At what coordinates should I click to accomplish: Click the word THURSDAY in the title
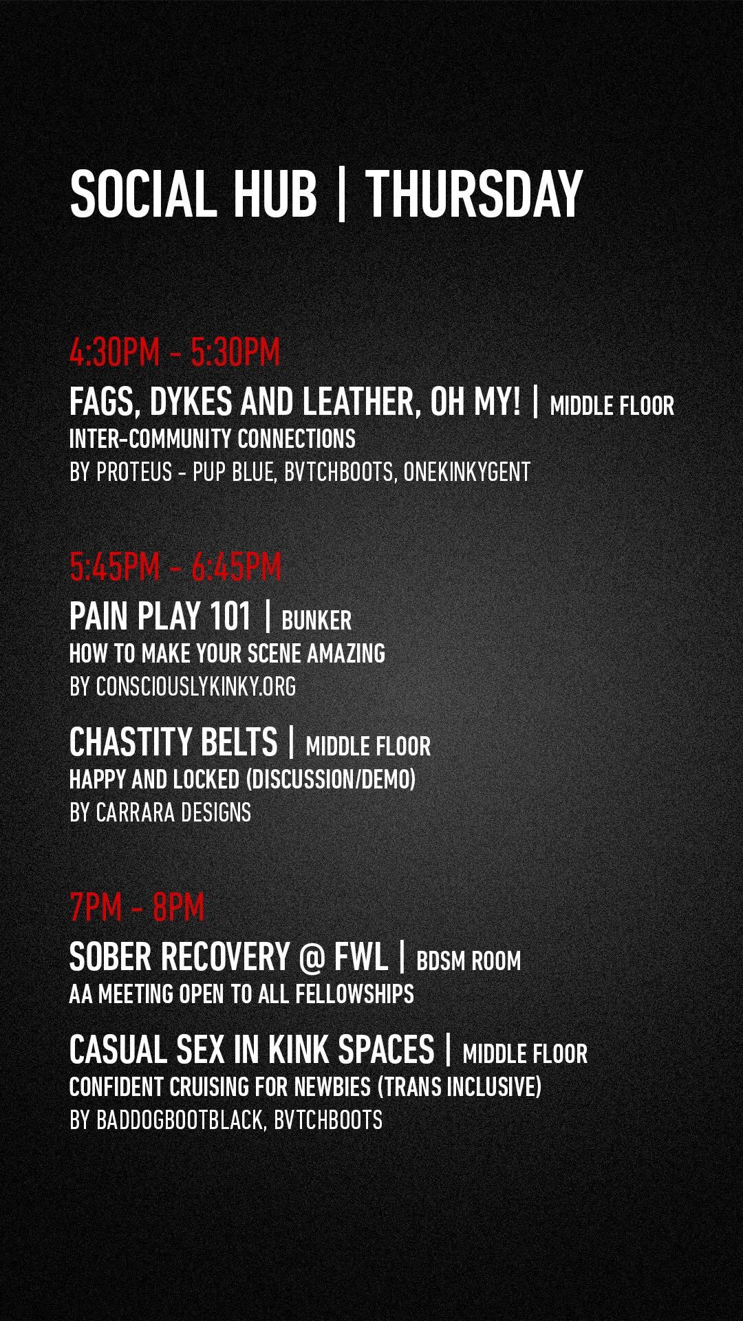click(474, 195)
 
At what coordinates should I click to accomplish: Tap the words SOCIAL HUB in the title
click(193, 195)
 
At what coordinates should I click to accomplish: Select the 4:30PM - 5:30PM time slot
click(175, 353)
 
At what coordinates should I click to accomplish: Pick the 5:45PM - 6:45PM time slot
click(175, 567)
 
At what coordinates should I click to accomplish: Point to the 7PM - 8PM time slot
click(137, 907)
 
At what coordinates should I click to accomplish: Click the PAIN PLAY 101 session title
click(160, 616)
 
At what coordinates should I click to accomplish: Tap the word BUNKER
click(316, 621)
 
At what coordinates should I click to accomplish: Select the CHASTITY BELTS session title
click(173, 742)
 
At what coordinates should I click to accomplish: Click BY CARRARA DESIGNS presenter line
click(160, 813)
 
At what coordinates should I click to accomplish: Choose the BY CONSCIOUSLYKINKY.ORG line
click(183, 687)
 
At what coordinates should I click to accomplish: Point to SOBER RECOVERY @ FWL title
click(228, 956)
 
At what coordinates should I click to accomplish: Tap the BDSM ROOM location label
click(469, 961)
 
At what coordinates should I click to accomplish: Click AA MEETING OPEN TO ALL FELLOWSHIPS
click(241, 994)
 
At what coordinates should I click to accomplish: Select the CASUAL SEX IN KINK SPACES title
click(252, 1049)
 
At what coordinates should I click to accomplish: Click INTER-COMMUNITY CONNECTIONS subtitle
click(213, 439)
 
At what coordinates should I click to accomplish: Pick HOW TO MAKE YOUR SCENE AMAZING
click(227, 653)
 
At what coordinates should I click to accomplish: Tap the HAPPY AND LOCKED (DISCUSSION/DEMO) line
click(242, 780)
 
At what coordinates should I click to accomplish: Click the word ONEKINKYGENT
click(467, 473)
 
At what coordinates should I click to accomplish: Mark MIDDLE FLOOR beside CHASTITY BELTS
click(368, 747)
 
